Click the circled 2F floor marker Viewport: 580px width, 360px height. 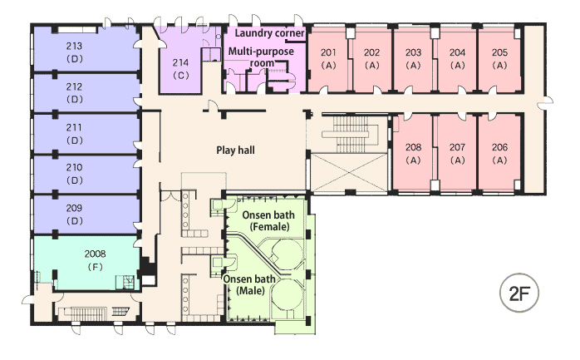tap(519, 293)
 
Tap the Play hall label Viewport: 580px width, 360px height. tap(235, 150)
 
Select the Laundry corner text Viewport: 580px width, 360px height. tap(269, 33)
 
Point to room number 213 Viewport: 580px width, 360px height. tap(74, 47)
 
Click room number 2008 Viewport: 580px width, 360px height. tap(95, 254)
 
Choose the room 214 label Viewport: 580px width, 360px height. tap(180, 62)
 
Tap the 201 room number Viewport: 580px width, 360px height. tap(328, 52)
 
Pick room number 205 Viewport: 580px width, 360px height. tap(499, 52)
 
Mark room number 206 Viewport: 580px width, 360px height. tap(499, 147)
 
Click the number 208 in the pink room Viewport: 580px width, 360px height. tap(413, 147)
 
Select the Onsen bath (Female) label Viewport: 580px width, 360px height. tap(268, 220)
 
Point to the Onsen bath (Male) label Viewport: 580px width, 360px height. tap(249, 284)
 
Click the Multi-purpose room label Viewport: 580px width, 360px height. tap(261, 57)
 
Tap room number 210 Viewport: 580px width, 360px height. tap(74, 168)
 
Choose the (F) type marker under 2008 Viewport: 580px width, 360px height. tap(95, 267)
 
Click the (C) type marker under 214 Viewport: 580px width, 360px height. tap(180, 76)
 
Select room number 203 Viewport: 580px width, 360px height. tap(413, 52)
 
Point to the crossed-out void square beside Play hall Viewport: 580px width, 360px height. tap(348, 173)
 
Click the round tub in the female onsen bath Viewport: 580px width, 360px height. tap(287, 254)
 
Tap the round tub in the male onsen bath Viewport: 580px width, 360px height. tap(287, 295)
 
